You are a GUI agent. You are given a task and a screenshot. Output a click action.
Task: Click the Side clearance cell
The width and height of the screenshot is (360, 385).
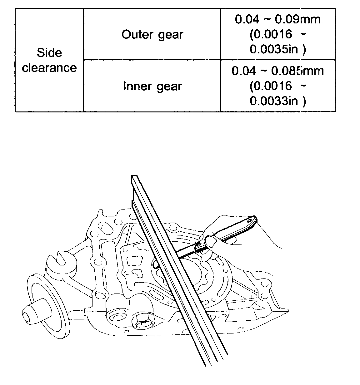pyautogui.click(x=49, y=60)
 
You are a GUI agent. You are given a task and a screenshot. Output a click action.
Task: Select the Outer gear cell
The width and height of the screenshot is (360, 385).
pyautogui.click(x=152, y=34)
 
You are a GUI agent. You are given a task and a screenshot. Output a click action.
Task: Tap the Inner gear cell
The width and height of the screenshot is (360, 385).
pyautogui.click(x=152, y=86)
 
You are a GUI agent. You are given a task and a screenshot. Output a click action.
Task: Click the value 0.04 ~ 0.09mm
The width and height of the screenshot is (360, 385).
pyautogui.click(x=277, y=19)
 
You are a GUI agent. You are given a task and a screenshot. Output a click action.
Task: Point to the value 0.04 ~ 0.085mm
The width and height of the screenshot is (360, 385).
pyautogui.click(x=277, y=71)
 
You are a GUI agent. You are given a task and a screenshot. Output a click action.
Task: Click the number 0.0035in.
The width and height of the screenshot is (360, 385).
pyautogui.click(x=277, y=50)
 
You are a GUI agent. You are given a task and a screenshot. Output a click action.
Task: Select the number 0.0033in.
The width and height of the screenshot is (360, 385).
pyautogui.click(x=277, y=101)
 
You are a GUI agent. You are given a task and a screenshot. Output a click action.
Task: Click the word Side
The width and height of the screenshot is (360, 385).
pyautogui.click(x=49, y=53)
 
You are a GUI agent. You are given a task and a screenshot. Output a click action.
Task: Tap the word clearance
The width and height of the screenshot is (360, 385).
pyautogui.click(x=49, y=68)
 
